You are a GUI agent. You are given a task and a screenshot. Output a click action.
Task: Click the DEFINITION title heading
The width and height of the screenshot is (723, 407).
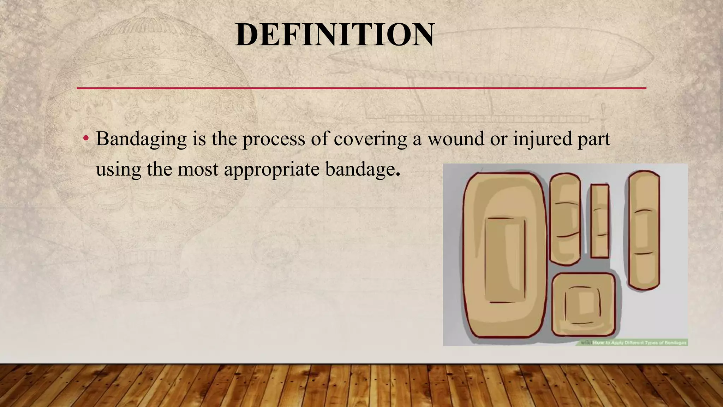tap(335, 35)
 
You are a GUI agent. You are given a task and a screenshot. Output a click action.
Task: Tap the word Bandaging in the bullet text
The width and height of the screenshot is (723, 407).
tap(141, 139)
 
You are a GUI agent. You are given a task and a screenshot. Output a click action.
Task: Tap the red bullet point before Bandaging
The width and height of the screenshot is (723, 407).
tap(85, 138)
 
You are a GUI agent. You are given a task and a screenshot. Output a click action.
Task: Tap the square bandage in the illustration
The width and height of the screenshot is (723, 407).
tap(583, 305)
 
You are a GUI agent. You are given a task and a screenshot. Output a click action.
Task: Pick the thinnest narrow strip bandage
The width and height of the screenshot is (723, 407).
tap(600, 221)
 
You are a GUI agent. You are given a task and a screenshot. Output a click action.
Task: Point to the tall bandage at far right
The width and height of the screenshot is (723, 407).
tap(644, 230)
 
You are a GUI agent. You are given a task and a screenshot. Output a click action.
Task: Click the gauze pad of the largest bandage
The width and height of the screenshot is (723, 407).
tap(505, 260)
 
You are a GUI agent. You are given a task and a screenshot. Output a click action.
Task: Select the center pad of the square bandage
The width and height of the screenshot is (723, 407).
tap(582, 305)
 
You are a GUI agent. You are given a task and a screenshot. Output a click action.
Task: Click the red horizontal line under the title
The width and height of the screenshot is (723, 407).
tap(361, 88)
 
